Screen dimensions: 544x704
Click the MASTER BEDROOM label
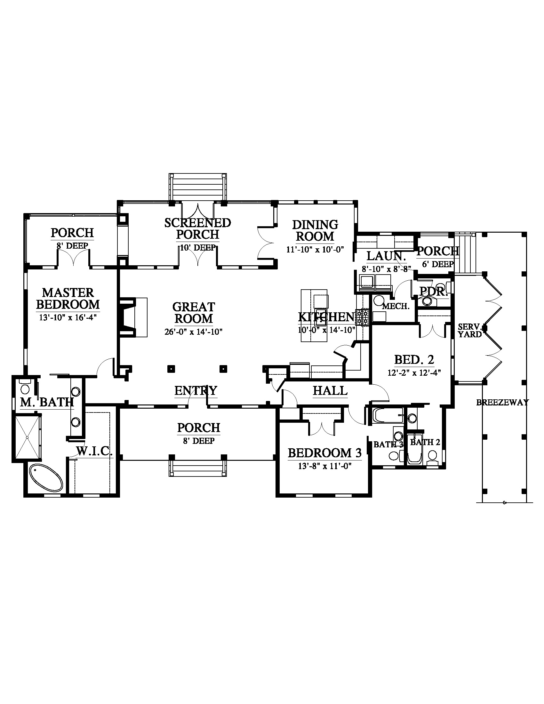click(x=68, y=299)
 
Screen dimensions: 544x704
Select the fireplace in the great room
click(x=133, y=317)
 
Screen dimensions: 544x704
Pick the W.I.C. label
click(x=94, y=451)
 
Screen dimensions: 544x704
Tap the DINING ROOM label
click(x=315, y=230)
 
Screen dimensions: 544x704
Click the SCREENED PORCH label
click(x=197, y=228)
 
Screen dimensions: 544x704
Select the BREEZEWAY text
click(x=502, y=402)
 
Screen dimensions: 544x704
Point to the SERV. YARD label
click(x=470, y=331)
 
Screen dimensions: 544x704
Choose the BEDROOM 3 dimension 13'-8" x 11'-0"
click(x=324, y=466)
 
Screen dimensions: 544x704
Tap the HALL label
click(x=330, y=391)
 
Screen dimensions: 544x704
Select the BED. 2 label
click(x=414, y=359)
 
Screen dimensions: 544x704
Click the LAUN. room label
click(x=386, y=256)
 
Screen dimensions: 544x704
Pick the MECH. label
click(x=396, y=306)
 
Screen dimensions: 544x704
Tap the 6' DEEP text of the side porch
click(x=438, y=264)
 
